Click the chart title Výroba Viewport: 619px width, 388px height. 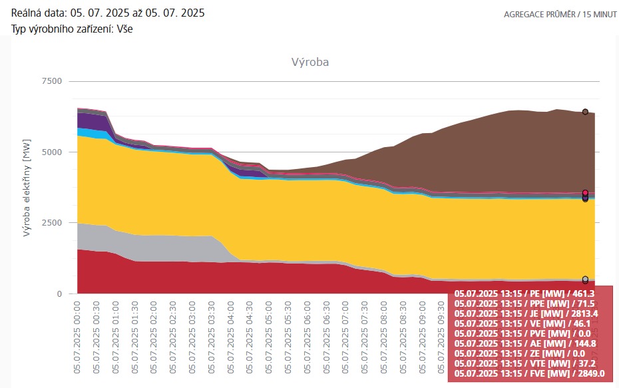(310, 63)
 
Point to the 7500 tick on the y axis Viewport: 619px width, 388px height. (51, 81)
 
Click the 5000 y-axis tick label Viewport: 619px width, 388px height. (51, 152)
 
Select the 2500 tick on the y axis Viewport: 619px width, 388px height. (51, 223)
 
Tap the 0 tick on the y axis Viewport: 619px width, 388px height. (59, 293)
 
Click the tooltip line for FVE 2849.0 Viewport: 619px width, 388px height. (529, 374)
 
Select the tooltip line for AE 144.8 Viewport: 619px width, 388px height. (529, 343)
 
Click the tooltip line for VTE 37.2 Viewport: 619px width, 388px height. (529, 364)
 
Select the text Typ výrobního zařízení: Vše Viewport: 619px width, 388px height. (73, 29)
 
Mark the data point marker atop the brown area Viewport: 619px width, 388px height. (585, 112)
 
